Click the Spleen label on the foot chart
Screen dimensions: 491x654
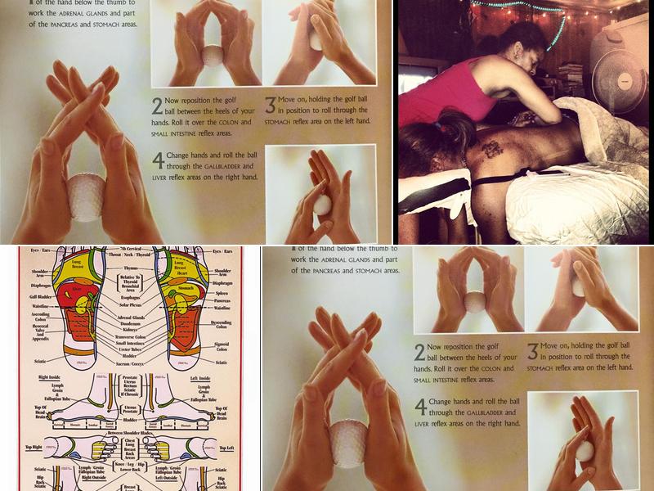coord(221,292)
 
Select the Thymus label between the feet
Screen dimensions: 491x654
coord(130,267)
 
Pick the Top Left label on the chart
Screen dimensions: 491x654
coord(224,448)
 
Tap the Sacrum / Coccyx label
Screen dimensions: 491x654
coord(130,364)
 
